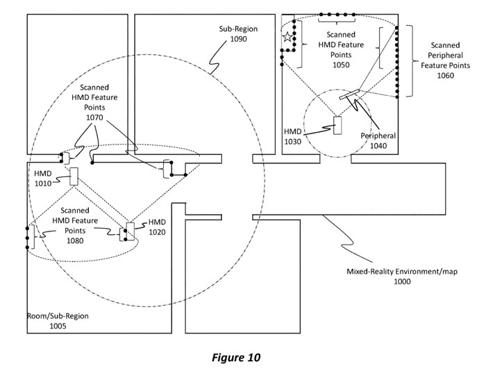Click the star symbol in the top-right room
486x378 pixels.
[x=287, y=38]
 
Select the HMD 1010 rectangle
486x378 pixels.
[x=73, y=176]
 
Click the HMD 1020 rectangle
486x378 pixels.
[x=129, y=231]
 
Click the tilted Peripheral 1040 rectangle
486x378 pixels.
[x=349, y=94]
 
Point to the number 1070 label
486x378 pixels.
[x=94, y=118]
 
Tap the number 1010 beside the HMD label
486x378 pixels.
[x=43, y=184]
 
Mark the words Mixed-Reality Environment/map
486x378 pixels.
[x=396, y=272]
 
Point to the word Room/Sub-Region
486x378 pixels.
[x=58, y=316]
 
